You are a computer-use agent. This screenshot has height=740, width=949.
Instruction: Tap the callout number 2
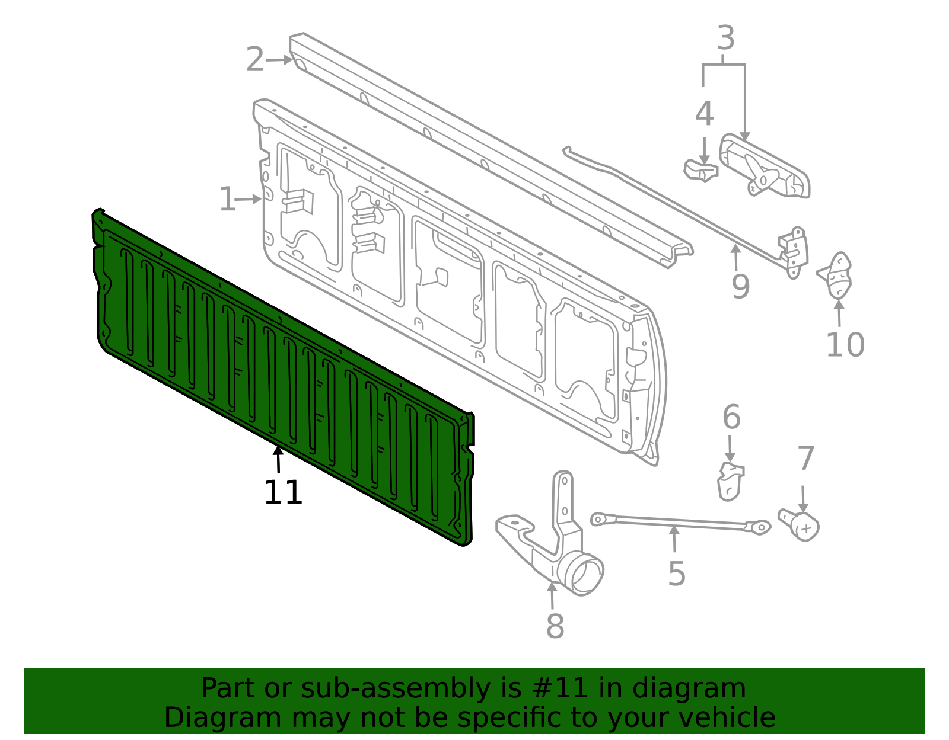click(255, 59)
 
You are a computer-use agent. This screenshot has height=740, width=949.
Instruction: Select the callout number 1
click(227, 199)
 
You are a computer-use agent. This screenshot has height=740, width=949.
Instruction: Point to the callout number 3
click(725, 38)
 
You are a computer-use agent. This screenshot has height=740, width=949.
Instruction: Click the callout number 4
click(704, 114)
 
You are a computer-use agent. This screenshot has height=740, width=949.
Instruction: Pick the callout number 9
click(741, 287)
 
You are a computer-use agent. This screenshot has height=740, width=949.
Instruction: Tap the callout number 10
click(845, 345)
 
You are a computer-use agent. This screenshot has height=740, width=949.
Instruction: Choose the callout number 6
click(731, 417)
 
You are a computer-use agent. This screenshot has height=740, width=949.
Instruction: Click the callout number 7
click(805, 458)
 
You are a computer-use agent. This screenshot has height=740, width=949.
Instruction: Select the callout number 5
click(677, 574)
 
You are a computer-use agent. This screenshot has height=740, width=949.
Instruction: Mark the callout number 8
click(555, 626)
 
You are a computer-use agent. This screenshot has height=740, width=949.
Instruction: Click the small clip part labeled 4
click(701, 171)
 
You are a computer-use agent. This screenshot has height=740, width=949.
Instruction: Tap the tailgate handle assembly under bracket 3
click(765, 166)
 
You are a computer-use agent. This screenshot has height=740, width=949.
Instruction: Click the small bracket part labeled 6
click(730, 482)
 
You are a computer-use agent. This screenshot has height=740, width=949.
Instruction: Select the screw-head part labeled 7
click(800, 525)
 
